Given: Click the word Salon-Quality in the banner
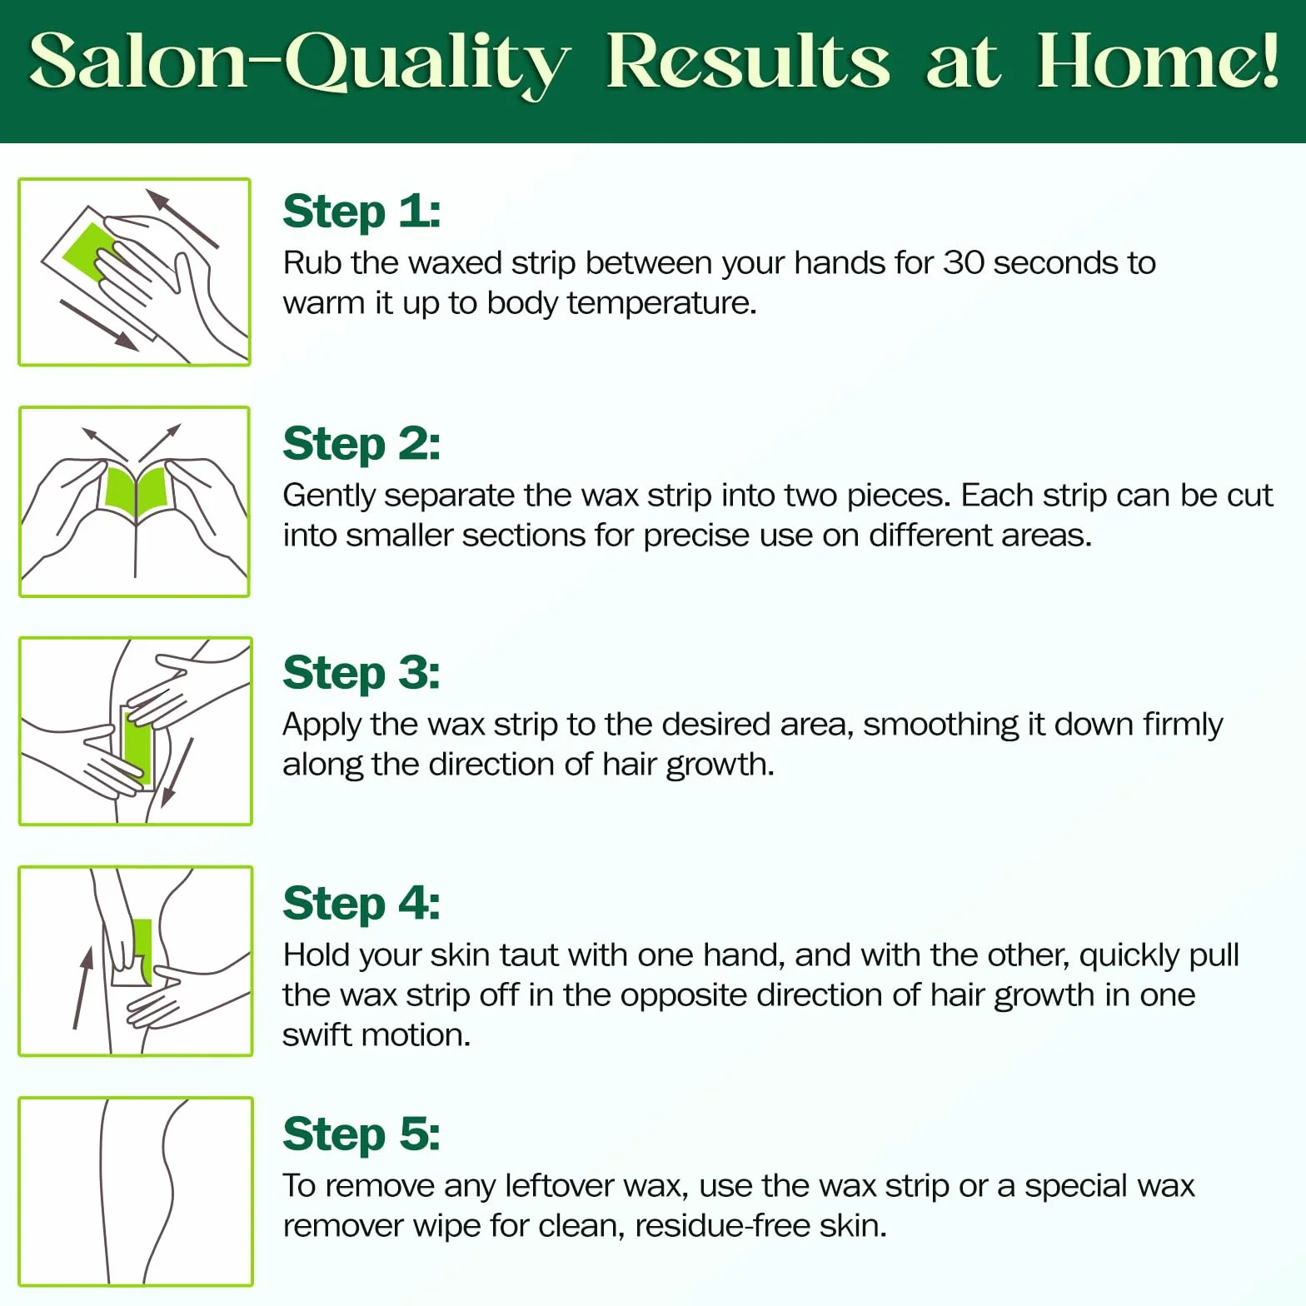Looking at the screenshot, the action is click(x=301, y=63).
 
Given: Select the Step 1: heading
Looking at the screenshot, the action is click(x=361, y=212).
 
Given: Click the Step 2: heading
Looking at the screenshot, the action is click(x=361, y=444).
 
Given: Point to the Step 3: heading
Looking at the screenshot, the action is click(x=361, y=674).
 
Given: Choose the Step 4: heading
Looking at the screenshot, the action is click(x=361, y=905).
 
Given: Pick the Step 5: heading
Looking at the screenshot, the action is click(x=361, y=1134).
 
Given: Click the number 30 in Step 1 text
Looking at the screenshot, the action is click(x=964, y=263).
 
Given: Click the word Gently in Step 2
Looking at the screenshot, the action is click(x=329, y=496).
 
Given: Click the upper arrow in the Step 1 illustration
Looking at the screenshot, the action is click(x=182, y=218).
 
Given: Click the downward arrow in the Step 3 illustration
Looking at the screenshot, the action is click(x=177, y=772).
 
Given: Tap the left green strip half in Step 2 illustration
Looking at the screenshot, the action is click(x=120, y=489).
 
